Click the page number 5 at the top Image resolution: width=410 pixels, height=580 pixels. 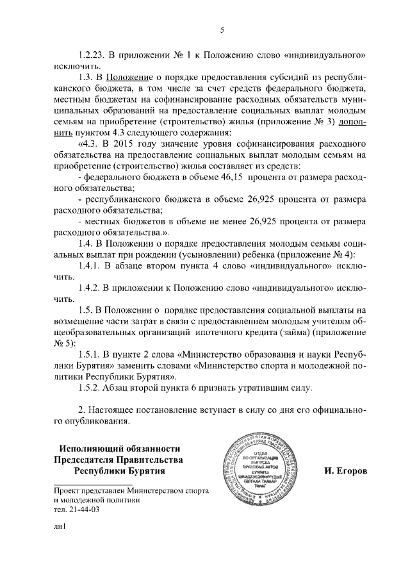click(x=222, y=30)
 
